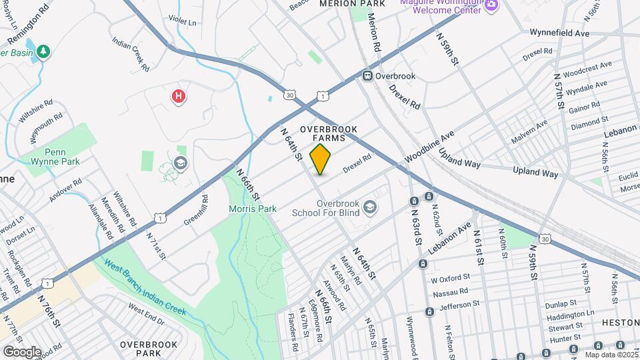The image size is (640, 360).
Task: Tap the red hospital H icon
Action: pyautogui.click(x=178, y=97)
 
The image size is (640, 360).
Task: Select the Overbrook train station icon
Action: pyautogui.click(x=367, y=76)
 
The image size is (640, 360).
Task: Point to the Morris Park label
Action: pyautogui.click(x=253, y=209)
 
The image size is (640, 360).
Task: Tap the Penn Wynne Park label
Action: pyautogui.click(x=53, y=156)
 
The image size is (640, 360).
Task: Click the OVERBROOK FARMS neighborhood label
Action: pyautogui.click(x=329, y=133)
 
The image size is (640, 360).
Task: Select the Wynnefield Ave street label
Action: pyautogui.click(x=560, y=32)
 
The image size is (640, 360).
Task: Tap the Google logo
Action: pyautogui.click(x=21, y=351)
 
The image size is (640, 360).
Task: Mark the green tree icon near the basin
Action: pyautogui.click(x=43, y=51)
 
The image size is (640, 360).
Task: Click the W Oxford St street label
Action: pyautogui.click(x=451, y=277)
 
